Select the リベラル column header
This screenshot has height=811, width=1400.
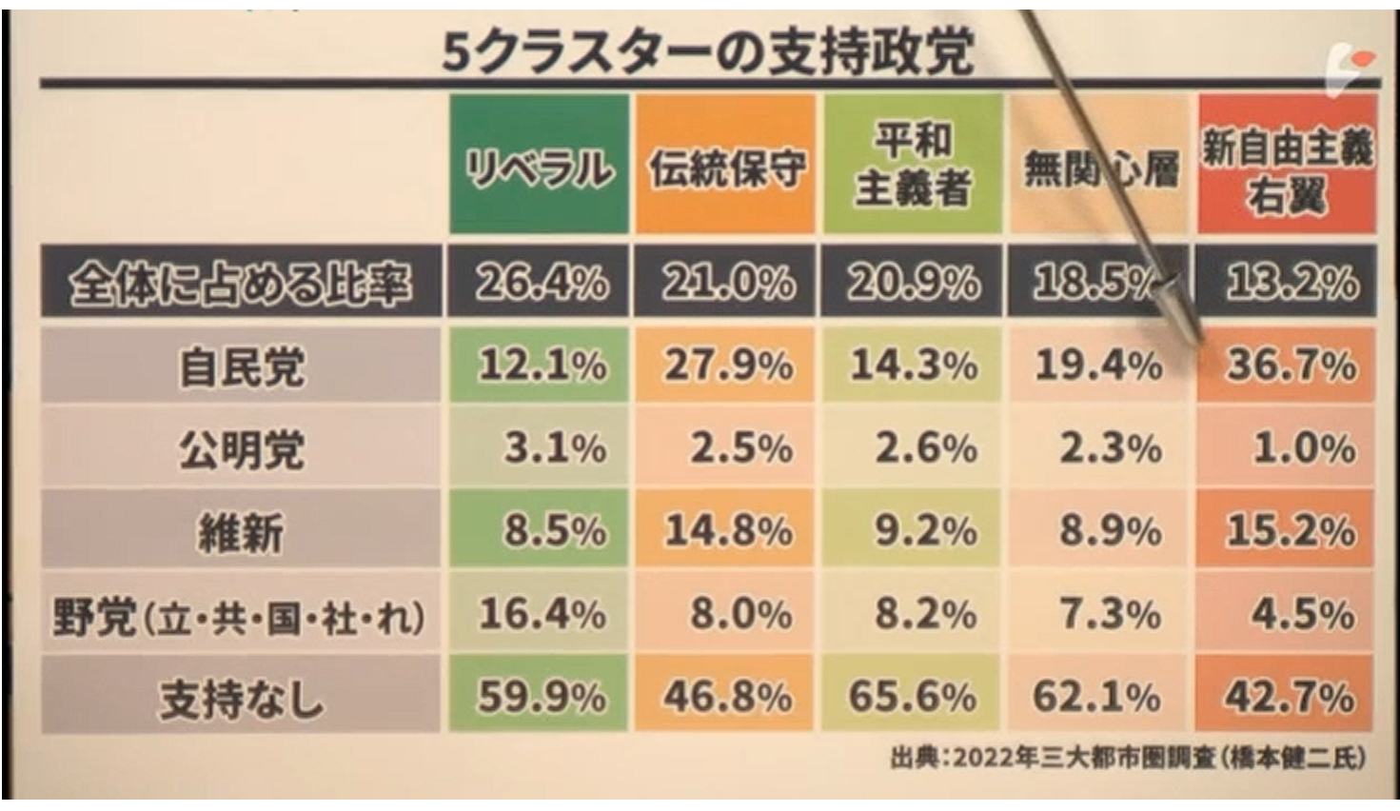click(539, 168)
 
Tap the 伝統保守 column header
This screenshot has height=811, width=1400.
click(726, 168)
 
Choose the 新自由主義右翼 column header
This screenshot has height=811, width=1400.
click(1287, 169)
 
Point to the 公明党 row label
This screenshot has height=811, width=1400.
click(241, 448)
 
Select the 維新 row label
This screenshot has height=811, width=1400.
click(241, 531)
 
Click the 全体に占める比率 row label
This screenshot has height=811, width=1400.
click(241, 283)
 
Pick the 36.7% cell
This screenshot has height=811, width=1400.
click(1290, 366)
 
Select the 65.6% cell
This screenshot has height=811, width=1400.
click(912, 698)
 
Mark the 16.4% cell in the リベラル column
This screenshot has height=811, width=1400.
click(542, 614)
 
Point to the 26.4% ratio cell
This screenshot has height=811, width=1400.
click(541, 283)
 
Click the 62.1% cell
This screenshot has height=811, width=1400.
click(1096, 698)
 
